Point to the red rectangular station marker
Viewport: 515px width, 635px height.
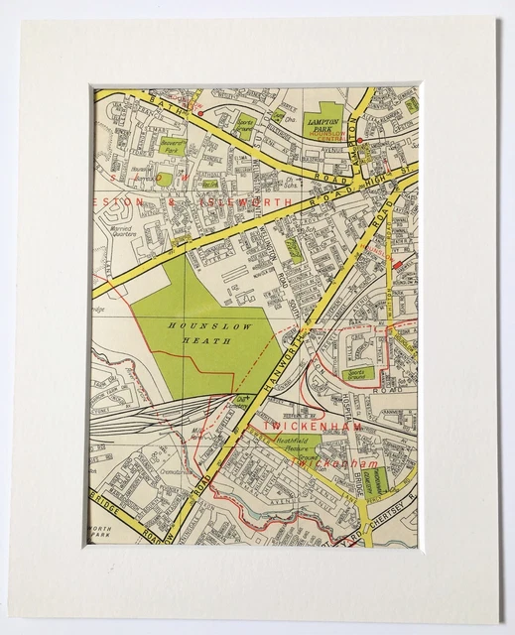[399, 265]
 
